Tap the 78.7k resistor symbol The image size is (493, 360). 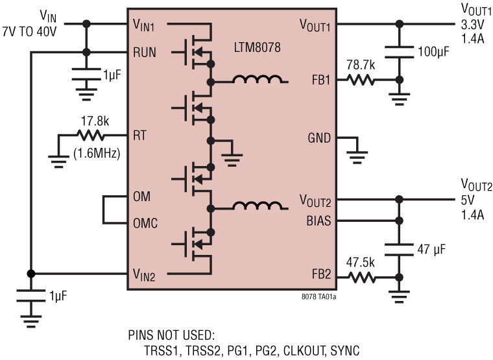click(361, 80)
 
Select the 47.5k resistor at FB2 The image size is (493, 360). click(361, 276)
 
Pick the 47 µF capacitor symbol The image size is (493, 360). click(400, 248)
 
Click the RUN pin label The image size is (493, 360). click(145, 52)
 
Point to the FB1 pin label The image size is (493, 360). click(320, 81)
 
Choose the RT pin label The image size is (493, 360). click(139, 136)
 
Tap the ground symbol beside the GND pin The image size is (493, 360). click(357, 153)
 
